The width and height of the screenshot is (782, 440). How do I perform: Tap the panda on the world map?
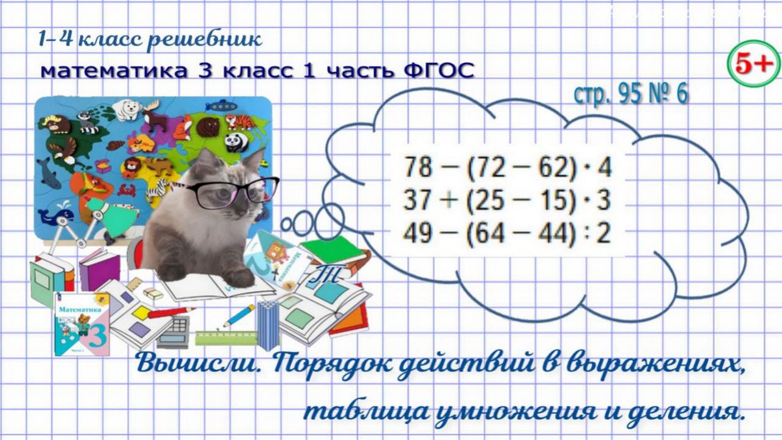pos(235,142)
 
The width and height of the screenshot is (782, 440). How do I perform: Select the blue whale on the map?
pos(55,215)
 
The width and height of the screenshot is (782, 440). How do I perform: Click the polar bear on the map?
pos(130,110)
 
